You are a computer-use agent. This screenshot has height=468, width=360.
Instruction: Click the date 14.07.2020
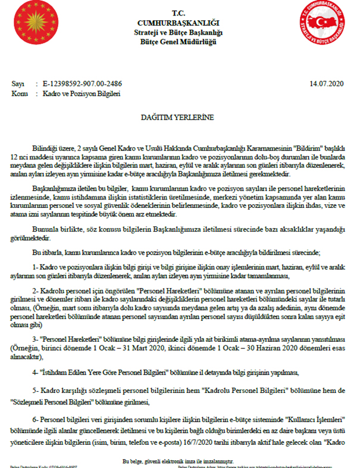click(325, 84)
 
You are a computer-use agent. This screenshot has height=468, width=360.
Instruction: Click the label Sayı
click(18, 84)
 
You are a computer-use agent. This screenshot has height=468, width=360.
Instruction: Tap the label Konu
click(20, 94)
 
